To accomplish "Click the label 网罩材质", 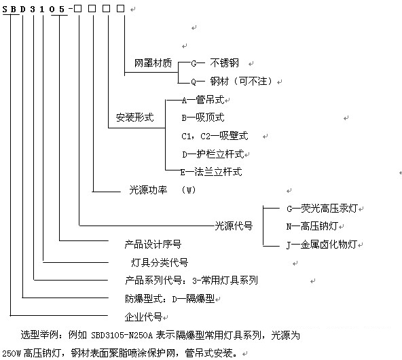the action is [153, 63].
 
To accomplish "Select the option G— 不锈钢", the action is [215, 63].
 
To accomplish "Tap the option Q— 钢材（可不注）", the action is [232, 82].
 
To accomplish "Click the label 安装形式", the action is [134, 118].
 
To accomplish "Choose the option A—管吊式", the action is [203, 100].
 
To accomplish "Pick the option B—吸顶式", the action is [203, 118].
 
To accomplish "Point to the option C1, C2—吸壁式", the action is [215, 136].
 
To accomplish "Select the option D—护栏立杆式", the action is [213, 154].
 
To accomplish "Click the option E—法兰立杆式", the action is [211, 172].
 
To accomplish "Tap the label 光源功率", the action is [148, 190].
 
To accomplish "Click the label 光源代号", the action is [234, 226].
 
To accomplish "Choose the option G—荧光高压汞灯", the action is [322, 209].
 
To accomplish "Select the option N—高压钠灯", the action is [312, 226].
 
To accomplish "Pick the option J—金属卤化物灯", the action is [322, 245].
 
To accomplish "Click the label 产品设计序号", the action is [153, 245].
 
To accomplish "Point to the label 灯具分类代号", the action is [160, 263].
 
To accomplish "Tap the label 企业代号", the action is [143, 317].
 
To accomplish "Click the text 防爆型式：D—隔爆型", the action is [170, 299].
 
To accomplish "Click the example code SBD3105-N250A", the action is [122, 335].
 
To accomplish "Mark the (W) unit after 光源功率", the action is [189, 190].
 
